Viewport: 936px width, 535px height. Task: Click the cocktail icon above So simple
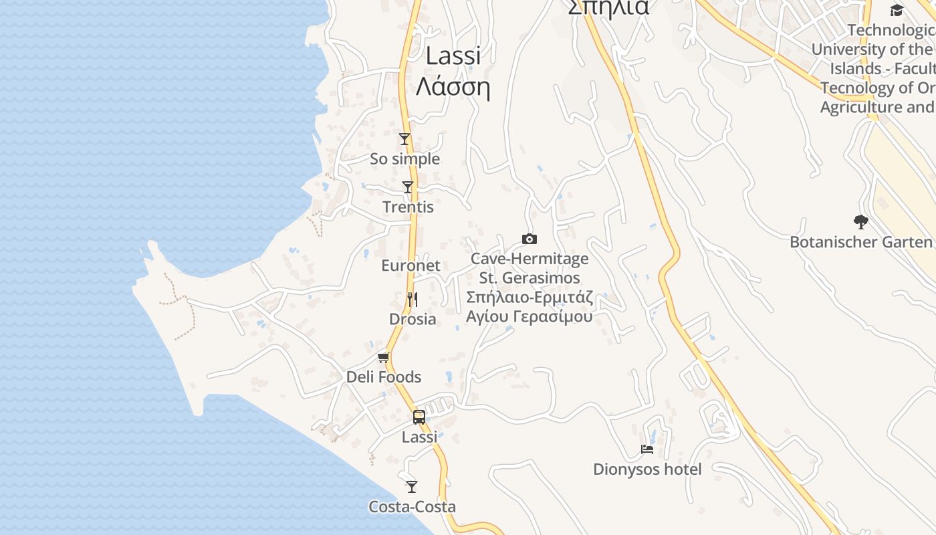(x=404, y=139)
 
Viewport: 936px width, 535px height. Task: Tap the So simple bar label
(x=404, y=159)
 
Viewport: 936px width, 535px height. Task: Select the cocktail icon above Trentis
(x=408, y=187)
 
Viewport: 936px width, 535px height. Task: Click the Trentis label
(x=408, y=207)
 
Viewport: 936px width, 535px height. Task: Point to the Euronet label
(x=411, y=265)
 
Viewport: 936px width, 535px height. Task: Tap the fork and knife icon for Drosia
(x=413, y=299)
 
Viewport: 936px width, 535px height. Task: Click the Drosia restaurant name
(x=413, y=319)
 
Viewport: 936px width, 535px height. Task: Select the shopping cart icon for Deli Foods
(x=384, y=357)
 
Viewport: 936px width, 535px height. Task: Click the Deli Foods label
(x=384, y=377)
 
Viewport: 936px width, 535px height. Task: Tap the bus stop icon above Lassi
(x=419, y=417)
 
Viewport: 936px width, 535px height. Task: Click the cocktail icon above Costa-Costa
(x=412, y=486)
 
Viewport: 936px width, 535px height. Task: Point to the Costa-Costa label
(x=412, y=507)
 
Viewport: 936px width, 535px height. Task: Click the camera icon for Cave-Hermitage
(x=530, y=239)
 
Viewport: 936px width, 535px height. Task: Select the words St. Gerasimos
(x=530, y=278)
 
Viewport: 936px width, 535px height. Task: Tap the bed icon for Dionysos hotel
(x=647, y=449)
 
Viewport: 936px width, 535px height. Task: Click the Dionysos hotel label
(x=647, y=469)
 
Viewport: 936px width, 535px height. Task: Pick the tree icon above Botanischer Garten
(x=861, y=221)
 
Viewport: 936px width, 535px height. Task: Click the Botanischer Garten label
(x=861, y=242)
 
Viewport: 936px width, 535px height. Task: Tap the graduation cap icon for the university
(x=897, y=10)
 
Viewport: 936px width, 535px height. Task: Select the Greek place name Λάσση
(x=453, y=87)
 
